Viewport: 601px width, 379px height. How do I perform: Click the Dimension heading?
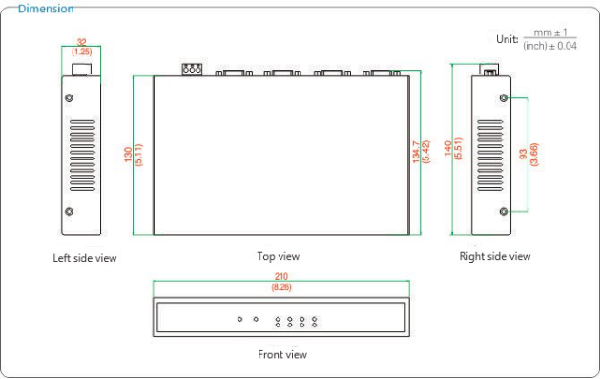pyautogui.click(x=46, y=9)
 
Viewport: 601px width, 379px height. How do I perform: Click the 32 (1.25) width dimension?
pyautogui.click(x=82, y=47)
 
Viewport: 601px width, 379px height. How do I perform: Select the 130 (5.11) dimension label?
pyautogui.click(x=134, y=155)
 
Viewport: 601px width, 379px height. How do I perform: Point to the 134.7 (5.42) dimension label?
pyautogui.click(x=421, y=152)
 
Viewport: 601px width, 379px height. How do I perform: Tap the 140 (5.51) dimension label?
pyautogui.click(x=453, y=149)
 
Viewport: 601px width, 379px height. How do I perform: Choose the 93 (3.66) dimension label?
pyautogui.click(x=528, y=155)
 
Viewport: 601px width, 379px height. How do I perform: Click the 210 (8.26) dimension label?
pyautogui.click(x=281, y=282)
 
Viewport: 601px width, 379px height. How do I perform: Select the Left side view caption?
pyautogui.click(x=85, y=258)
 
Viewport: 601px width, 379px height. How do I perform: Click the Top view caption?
pyautogui.click(x=279, y=256)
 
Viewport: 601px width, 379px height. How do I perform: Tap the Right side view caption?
pyautogui.click(x=495, y=256)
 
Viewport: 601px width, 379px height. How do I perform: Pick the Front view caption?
pyautogui.click(x=282, y=354)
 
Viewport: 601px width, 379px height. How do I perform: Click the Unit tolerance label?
pyautogui.click(x=536, y=39)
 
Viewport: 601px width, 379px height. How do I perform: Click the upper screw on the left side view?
pyautogui.click(x=69, y=97)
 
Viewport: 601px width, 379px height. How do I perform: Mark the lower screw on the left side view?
pyautogui.click(x=69, y=211)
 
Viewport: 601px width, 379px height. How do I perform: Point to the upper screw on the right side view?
pyautogui.click(x=504, y=97)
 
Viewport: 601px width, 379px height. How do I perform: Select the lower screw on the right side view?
pyautogui.click(x=504, y=211)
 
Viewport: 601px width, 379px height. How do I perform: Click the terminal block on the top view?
pyautogui.click(x=192, y=70)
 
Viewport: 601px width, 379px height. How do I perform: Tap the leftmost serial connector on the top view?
pyautogui.click(x=234, y=73)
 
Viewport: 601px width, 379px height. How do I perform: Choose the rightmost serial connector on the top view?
pyautogui.click(x=382, y=73)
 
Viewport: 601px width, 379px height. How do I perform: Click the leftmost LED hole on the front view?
pyautogui.click(x=240, y=319)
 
